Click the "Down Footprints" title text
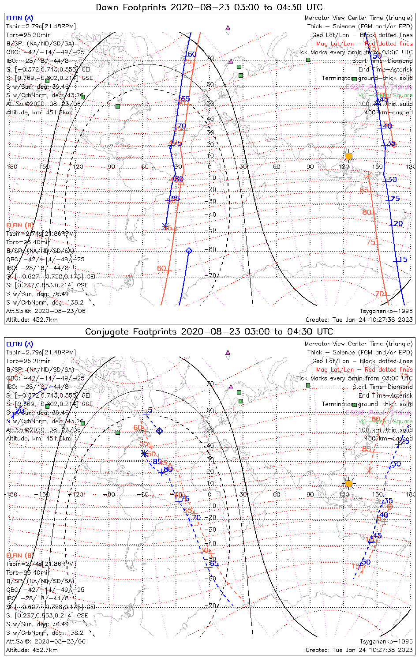point(209,7)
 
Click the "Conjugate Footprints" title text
point(209,331)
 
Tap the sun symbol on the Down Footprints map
point(349,156)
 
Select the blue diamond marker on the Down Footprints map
point(189,251)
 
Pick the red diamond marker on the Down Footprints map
point(393,144)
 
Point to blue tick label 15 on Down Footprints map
point(403,260)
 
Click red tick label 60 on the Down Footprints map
point(161,268)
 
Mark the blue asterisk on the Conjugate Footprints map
point(144,454)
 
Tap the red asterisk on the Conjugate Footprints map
point(370,470)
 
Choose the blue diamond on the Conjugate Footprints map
point(160,431)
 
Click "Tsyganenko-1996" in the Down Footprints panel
point(386,311)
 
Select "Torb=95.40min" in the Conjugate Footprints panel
point(28,572)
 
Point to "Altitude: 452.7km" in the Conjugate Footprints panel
point(32,650)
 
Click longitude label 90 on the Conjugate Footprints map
point(310,494)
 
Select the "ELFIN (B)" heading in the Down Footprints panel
point(20,225)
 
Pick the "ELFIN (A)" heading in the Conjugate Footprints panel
point(20,344)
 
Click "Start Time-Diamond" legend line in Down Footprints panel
point(382,61)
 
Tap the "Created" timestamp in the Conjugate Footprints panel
point(359,650)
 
